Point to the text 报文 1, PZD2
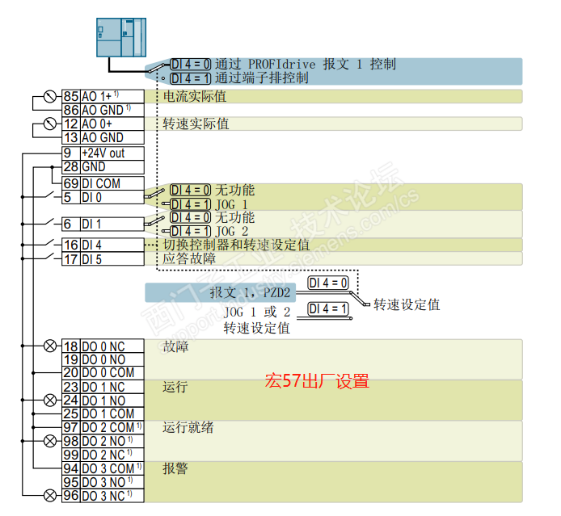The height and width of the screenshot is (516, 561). point(250,292)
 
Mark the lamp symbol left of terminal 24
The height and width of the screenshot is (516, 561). point(50,400)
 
